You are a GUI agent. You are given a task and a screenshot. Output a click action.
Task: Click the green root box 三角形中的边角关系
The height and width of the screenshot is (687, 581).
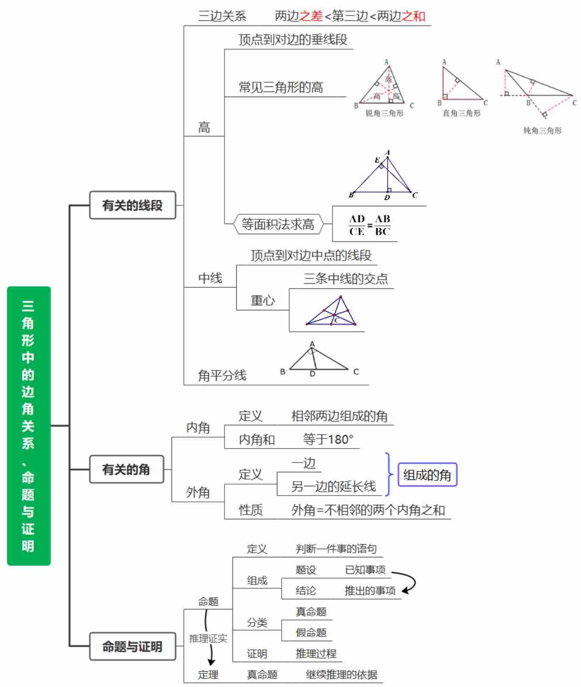click(29, 426)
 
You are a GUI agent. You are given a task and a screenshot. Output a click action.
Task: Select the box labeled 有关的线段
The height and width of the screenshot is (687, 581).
click(133, 205)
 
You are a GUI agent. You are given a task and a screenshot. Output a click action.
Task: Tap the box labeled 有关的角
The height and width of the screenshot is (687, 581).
click(126, 469)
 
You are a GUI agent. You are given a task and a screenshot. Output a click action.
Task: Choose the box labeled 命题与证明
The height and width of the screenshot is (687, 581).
click(133, 647)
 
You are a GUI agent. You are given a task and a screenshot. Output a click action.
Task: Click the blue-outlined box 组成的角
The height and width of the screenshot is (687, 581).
click(427, 475)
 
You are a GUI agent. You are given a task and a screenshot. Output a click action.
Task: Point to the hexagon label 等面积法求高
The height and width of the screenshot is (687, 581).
click(278, 224)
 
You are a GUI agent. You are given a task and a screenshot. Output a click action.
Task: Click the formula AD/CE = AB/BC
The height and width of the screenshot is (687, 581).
click(369, 225)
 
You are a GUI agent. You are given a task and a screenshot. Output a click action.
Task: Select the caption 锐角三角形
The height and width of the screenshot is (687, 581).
click(385, 114)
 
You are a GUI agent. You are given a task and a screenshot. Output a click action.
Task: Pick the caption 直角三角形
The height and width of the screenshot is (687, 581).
click(462, 114)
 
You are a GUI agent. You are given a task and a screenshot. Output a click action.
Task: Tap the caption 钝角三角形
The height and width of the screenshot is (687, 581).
click(542, 130)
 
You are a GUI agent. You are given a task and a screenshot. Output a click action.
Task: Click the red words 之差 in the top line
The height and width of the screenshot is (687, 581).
click(311, 16)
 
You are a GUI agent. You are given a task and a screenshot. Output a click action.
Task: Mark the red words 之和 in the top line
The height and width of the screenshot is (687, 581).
click(413, 16)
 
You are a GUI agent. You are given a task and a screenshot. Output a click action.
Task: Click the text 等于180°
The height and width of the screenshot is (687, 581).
click(328, 439)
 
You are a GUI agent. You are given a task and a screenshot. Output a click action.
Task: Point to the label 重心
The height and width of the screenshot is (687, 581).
click(263, 300)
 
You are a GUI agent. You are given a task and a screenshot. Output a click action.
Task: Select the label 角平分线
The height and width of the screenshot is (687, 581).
click(222, 375)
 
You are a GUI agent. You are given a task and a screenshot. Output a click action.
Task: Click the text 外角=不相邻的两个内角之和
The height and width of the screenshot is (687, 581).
click(368, 510)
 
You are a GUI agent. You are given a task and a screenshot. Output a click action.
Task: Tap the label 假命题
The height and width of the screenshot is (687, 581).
click(311, 632)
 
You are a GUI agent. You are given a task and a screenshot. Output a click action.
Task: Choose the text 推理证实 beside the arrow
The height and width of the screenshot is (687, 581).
click(208, 638)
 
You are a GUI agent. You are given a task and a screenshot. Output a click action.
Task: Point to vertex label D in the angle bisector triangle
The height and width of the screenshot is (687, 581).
click(313, 374)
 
